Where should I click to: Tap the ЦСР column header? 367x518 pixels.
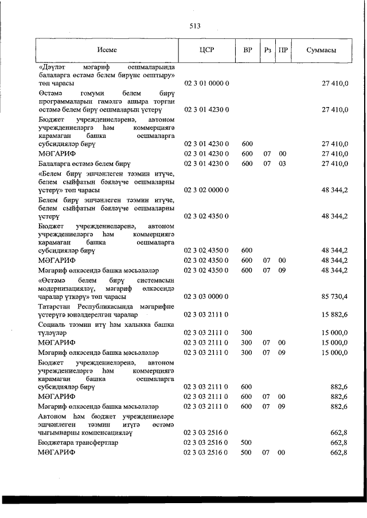click(206, 50)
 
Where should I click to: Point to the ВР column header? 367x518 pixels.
click(248, 50)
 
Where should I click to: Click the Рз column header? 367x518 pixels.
click(267, 50)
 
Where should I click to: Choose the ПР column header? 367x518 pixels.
click(283, 50)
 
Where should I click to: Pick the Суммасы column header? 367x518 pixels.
click(321, 50)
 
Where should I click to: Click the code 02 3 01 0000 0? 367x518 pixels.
click(206, 84)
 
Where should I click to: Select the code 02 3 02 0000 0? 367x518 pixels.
click(206, 189)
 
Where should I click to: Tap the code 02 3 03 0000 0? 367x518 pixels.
click(206, 296)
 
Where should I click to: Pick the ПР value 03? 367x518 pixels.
click(282, 164)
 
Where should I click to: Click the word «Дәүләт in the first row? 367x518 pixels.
click(52, 68)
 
